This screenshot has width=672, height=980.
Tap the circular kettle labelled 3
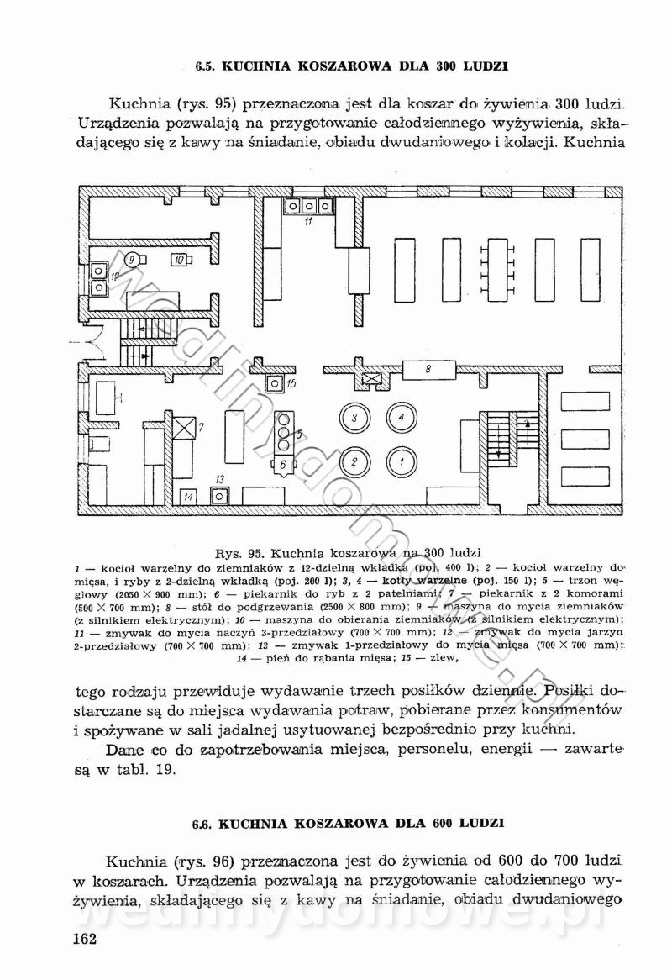[x=355, y=417]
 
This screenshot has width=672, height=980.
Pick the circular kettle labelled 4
[x=402, y=417]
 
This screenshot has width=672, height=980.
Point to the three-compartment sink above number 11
[x=308, y=205]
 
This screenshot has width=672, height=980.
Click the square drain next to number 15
[x=274, y=384]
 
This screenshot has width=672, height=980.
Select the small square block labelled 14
[x=188, y=497]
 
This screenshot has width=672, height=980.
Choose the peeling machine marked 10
[x=179, y=261]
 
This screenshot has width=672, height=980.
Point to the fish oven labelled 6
[x=283, y=463]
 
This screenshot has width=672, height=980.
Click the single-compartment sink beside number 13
[x=220, y=495]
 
